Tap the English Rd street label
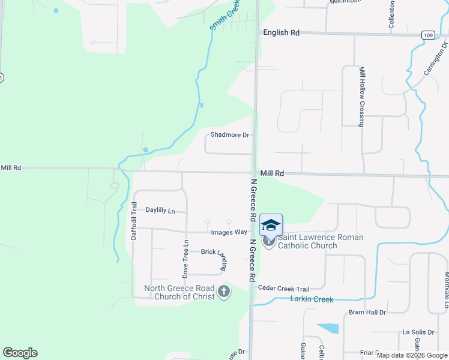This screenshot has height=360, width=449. tap(281, 33)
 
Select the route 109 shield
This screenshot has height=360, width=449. tap(427, 35)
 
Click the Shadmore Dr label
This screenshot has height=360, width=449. tap(229, 135)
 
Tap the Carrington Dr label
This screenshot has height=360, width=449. tap(436, 58)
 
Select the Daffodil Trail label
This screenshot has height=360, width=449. tap(134, 221)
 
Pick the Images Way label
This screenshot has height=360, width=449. tap(229, 232)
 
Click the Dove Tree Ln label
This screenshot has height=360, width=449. tap(185, 259)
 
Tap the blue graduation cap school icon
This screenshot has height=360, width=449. tap(271, 225)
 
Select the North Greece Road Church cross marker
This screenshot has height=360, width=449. tap(224, 292)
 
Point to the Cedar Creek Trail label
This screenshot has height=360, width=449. tap(283, 288)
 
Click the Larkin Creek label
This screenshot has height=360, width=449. tap(312, 299)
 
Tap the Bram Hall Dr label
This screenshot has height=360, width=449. tap(367, 313)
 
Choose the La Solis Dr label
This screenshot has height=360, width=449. tap(417, 332)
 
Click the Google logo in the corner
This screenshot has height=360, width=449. tap(20, 353)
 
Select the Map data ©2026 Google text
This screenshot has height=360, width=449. tap(411, 355)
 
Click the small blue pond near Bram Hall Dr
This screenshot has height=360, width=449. tap(328, 328)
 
